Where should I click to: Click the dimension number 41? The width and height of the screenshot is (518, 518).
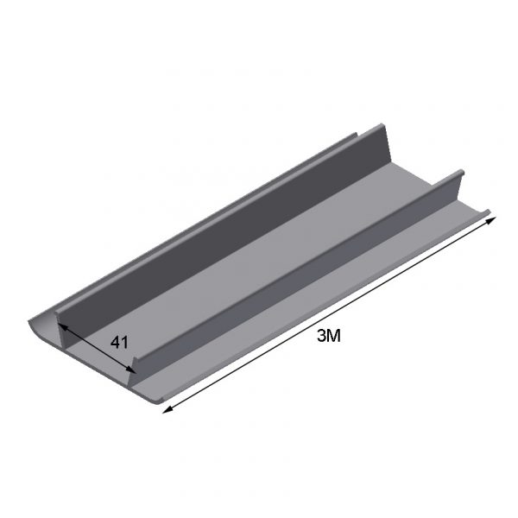(x=119, y=343)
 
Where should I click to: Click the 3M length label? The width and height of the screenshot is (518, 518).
(x=328, y=337)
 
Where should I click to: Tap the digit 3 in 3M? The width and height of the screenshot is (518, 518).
(x=321, y=337)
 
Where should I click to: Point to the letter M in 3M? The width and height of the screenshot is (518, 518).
(x=333, y=337)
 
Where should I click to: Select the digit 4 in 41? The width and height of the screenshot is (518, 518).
(x=116, y=343)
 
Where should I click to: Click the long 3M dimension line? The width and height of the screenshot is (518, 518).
(x=330, y=315)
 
